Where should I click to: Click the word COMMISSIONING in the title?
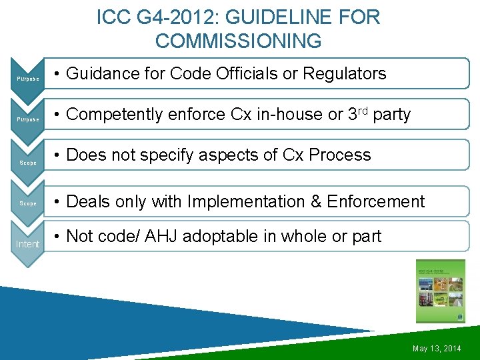(238, 41)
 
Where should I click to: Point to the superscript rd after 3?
(363, 111)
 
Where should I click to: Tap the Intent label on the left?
(27, 244)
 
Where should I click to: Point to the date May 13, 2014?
(437, 349)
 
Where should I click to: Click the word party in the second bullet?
(392, 115)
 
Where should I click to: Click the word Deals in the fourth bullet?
(89, 201)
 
